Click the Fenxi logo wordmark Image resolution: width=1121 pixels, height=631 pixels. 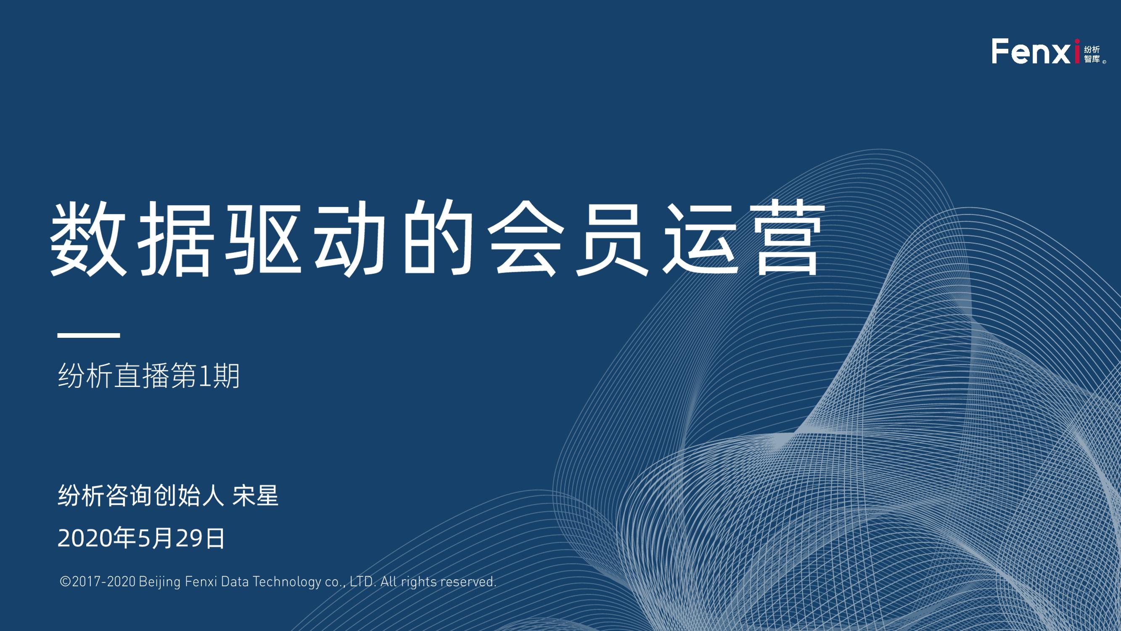pos(1036,51)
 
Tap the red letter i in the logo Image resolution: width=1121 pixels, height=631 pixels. pos(1077,51)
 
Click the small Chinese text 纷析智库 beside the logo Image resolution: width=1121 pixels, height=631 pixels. pos(1093,54)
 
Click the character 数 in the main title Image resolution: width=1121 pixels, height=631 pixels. pos(88,238)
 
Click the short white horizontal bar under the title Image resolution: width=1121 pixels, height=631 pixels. pos(89,335)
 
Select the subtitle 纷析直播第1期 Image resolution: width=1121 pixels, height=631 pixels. pos(149,375)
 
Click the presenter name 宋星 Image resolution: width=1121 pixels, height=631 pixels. pos(256,495)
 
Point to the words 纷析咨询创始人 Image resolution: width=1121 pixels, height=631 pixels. pos(140,495)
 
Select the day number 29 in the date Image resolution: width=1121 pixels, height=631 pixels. pos(190,539)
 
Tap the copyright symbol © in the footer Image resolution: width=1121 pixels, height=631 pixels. pos(65,581)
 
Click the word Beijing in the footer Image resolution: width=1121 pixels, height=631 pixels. pos(160,582)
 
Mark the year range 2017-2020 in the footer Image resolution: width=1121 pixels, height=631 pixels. pos(103,581)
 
